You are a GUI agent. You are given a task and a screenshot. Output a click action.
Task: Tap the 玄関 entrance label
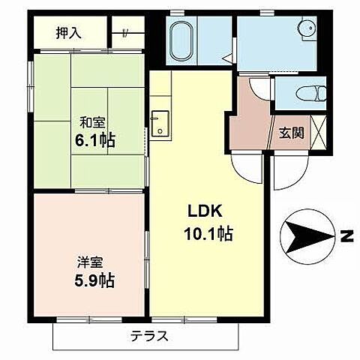click(x=292, y=133)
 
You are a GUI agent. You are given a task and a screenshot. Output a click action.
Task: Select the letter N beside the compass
click(x=346, y=237)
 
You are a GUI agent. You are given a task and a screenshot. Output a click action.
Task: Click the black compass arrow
click(x=306, y=236)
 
